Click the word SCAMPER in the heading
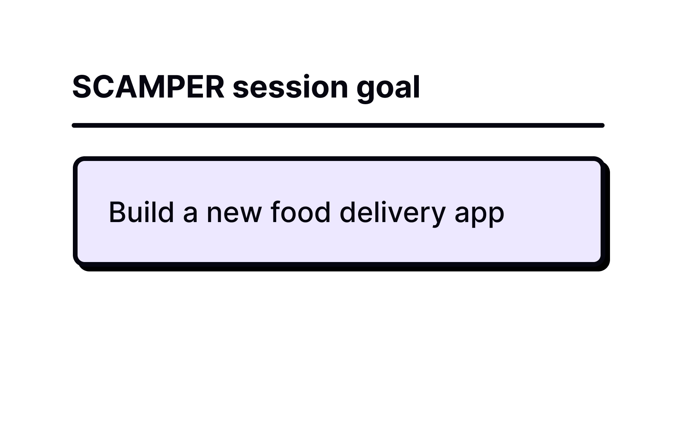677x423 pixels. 148,87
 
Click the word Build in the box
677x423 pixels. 141,212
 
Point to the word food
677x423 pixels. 300,212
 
